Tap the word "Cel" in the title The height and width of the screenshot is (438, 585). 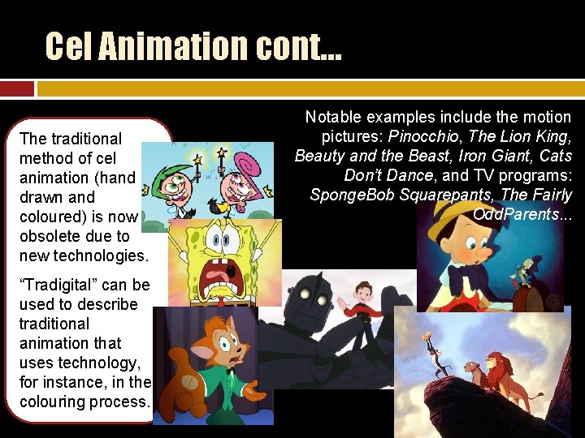pyautogui.click(x=67, y=46)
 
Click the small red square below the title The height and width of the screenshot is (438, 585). pyautogui.click(x=17, y=88)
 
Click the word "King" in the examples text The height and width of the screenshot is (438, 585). pyautogui.click(x=553, y=136)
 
